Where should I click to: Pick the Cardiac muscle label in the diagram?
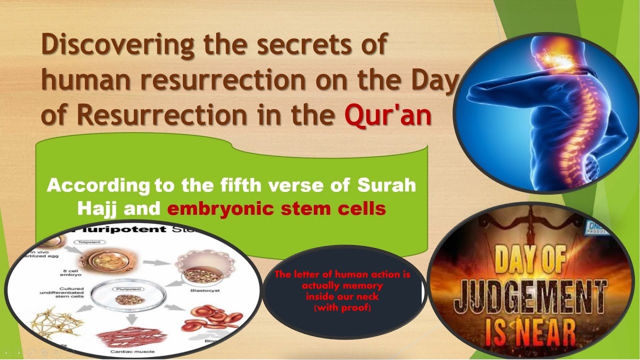pyautogui.click(x=131, y=351)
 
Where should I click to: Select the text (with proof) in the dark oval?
pyautogui.click(x=342, y=307)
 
